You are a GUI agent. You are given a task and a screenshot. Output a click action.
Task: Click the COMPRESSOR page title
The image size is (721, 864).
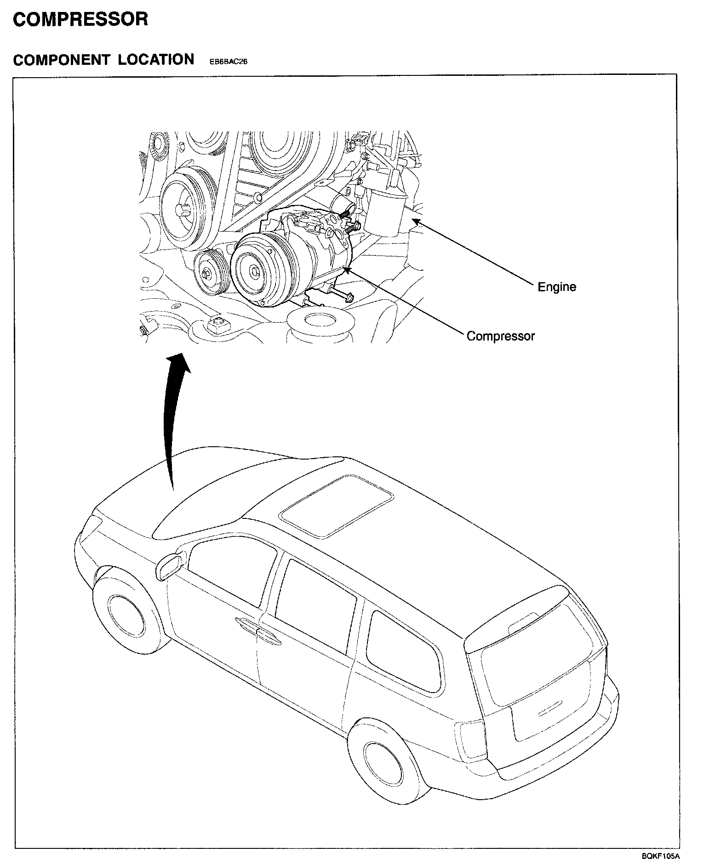coord(80,19)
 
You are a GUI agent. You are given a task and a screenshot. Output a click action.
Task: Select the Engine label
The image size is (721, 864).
coord(557,287)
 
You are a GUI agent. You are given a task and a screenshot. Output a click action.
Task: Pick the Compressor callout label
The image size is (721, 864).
coord(501,336)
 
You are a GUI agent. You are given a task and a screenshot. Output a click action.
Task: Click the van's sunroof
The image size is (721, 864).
coord(337,506)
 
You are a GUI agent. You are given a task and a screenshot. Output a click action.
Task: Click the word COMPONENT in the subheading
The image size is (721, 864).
coord(62,60)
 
